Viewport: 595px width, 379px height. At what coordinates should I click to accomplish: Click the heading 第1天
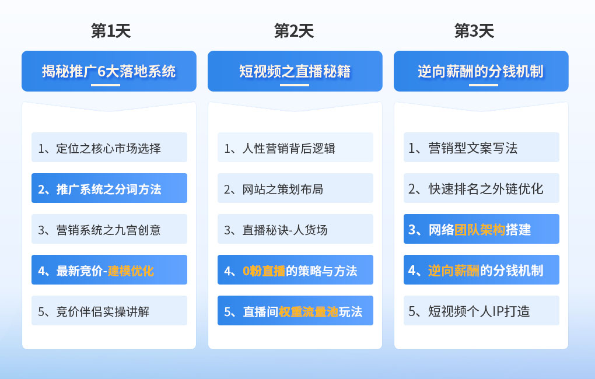tap(111, 31)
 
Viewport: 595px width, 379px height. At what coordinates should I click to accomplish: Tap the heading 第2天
tap(294, 31)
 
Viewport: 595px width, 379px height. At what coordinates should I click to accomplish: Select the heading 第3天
tap(474, 31)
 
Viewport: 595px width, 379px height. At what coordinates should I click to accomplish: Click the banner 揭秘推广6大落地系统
tap(109, 71)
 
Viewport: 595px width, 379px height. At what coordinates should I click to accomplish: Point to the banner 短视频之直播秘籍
tap(295, 71)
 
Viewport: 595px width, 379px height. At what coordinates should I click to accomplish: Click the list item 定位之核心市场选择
tap(109, 148)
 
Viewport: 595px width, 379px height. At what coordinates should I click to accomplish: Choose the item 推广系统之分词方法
tap(109, 188)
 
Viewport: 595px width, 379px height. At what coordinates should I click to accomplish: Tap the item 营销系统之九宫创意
tap(109, 229)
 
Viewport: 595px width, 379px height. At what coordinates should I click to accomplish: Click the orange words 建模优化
tap(131, 271)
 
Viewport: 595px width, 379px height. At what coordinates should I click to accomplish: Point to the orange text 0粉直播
tap(264, 271)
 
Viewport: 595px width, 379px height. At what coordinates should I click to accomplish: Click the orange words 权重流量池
tap(308, 312)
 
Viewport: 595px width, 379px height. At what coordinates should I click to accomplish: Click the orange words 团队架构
tap(480, 230)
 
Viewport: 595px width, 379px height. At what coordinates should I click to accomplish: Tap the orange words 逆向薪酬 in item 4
tap(454, 271)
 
